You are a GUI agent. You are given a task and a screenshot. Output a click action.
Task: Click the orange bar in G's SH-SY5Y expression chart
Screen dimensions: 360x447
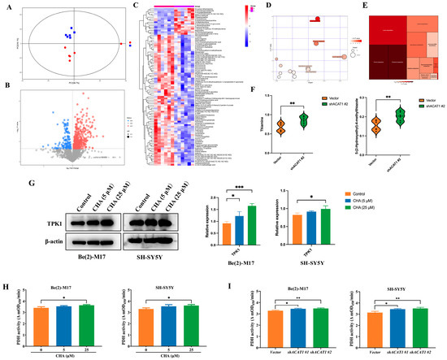click(x=297, y=230)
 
